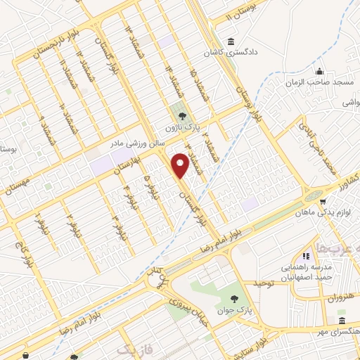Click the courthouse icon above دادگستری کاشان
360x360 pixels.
click(231, 41)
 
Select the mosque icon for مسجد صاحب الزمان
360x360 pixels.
click(320, 72)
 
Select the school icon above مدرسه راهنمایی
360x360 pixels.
click(305, 257)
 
